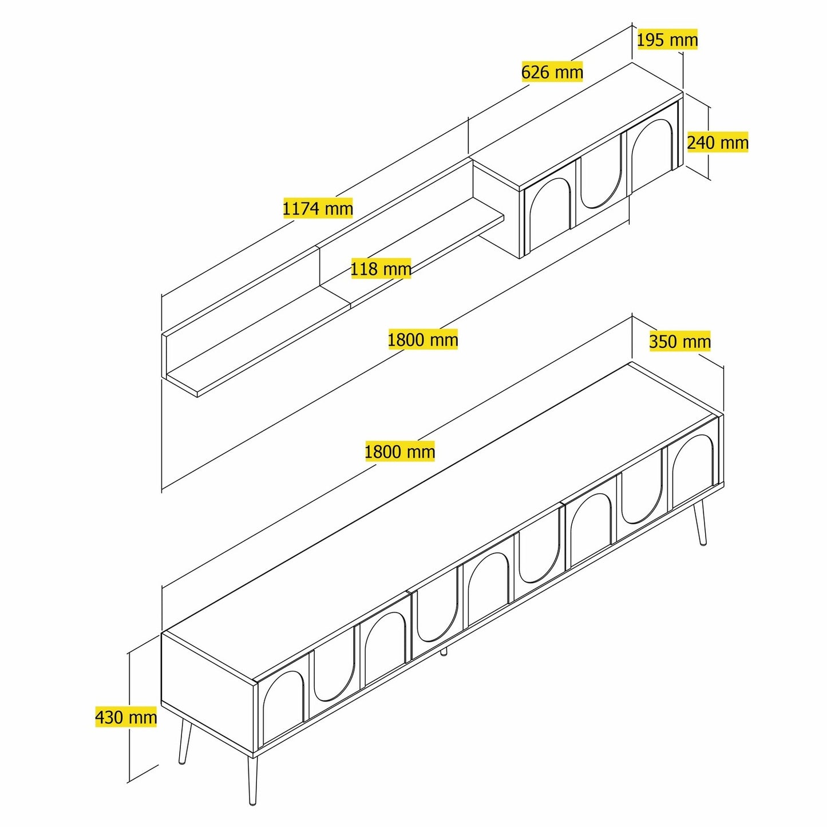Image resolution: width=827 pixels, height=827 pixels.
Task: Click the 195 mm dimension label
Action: pyautogui.click(x=667, y=40)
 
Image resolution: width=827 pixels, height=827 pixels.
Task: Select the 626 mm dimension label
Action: pyautogui.click(x=552, y=72)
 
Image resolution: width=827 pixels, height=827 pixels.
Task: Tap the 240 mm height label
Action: pyautogui.click(x=718, y=143)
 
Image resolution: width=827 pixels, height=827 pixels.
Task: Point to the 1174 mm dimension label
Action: pyautogui.click(x=318, y=208)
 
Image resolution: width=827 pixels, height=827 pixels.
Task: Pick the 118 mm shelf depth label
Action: pyautogui.click(x=381, y=269)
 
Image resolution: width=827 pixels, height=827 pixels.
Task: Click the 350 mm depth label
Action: pyautogui.click(x=680, y=342)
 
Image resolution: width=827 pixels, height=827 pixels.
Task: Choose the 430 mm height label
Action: pyautogui.click(x=126, y=717)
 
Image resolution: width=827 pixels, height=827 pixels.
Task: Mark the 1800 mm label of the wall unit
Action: pyautogui.click(x=423, y=340)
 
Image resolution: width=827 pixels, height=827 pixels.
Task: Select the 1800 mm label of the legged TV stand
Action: pyautogui.click(x=399, y=452)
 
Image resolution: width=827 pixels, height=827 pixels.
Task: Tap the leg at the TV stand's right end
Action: pyautogui.click(x=699, y=523)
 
